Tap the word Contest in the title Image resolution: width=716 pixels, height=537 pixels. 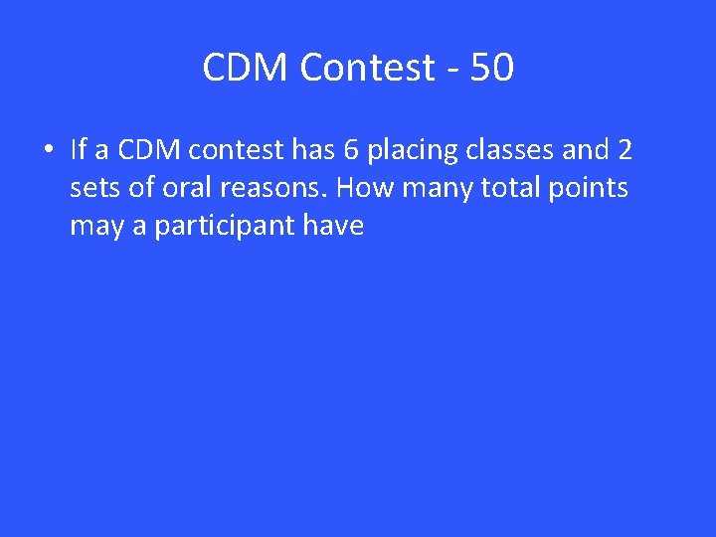click(367, 68)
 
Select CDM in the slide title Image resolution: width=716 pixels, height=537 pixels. click(246, 68)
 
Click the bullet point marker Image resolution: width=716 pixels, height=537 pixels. click(47, 151)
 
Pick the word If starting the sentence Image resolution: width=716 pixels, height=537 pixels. click(80, 150)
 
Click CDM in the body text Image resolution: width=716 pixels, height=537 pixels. click(149, 150)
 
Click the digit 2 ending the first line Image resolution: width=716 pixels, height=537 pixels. click(625, 150)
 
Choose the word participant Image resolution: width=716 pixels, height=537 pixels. click(213, 227)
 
